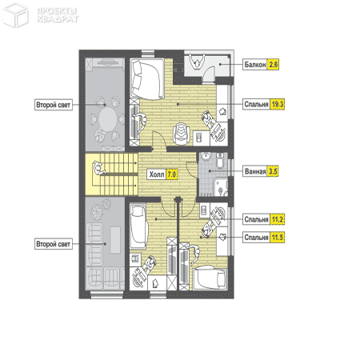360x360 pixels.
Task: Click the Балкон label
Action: [255, 65]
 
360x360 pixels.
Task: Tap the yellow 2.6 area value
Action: [274, 65]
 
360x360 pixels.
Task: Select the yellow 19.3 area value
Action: [278, 104]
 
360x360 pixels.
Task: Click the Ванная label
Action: [255, 171]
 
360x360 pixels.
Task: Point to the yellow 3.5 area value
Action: [273, 171]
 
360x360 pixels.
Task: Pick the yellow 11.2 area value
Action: [278, 219]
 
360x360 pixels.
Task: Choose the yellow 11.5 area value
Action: [278, 237]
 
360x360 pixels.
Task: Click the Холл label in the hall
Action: [157, 174]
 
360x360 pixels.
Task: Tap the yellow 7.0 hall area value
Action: [172, 174]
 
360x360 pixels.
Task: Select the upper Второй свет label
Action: [54, 105]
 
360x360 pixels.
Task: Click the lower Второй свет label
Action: [54, 244]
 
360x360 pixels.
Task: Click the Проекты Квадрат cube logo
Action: [15, 15]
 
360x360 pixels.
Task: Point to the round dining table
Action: [107, 118]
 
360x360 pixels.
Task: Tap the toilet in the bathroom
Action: [220, 161]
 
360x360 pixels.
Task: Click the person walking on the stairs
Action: [98, 169]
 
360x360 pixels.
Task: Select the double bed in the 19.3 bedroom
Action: [147, 79]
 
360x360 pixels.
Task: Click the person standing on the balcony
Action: [197, 62]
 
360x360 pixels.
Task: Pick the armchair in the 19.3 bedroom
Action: [182, 134]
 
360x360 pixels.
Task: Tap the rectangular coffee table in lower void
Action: [115, 240]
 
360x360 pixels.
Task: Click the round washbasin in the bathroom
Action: [206, 157]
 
